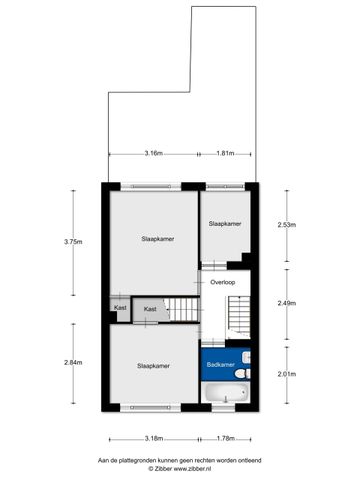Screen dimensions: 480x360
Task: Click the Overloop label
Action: pyautogui.click(x=222, y=283)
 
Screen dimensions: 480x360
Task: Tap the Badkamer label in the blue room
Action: pyautogui.click(x=220, y=365)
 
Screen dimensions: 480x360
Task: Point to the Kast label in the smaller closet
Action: pyautogui.click(x=120, y=308)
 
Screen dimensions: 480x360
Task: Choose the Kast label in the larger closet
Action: pyautogui.click(x=150, y=309)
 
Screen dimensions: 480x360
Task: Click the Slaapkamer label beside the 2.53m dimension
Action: pyautogui.click(x=224, y=224)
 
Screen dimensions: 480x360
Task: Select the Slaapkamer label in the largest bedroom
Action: pyautogui.click(x=157, y=239)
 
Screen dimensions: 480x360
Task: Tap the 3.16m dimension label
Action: pyautogui.click(x=153, y=153)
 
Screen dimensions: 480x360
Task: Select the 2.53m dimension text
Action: pyautogui.click(x=286, y=224)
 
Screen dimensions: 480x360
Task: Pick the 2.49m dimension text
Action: pyautogui.click(x=286, y=302)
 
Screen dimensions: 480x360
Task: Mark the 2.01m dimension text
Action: pyautogui.click(x=286, y=374)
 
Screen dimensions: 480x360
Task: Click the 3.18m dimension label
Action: pyautogui.click(x=154, y=437)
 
